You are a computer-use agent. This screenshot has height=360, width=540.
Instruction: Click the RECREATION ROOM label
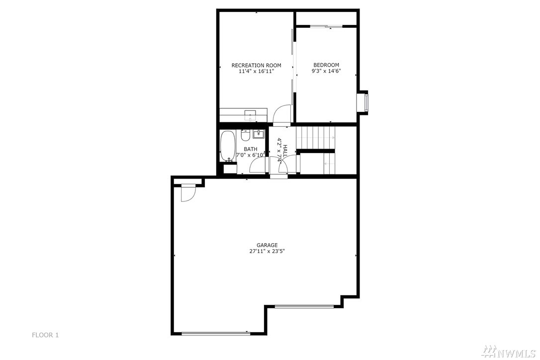256,65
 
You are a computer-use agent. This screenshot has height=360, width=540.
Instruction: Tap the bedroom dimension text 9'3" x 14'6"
326,71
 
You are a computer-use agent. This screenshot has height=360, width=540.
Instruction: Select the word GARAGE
267,245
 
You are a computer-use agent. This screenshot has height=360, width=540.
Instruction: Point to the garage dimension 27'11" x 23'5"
267,251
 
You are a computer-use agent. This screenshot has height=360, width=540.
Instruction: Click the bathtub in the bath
228,146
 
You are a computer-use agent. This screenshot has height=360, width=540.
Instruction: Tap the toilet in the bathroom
245,136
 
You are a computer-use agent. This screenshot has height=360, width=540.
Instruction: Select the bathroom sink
259,134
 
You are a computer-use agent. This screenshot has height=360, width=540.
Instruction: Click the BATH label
251,149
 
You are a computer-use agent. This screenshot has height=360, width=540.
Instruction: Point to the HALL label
285,151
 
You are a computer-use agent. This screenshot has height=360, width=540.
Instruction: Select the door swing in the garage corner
188,193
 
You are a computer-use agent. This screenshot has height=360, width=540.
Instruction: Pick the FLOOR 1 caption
45,335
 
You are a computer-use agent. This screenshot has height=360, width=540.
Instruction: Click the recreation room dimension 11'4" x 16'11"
256,71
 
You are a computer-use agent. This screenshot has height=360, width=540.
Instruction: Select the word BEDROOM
326,65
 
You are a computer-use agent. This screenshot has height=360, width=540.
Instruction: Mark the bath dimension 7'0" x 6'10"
251,155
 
